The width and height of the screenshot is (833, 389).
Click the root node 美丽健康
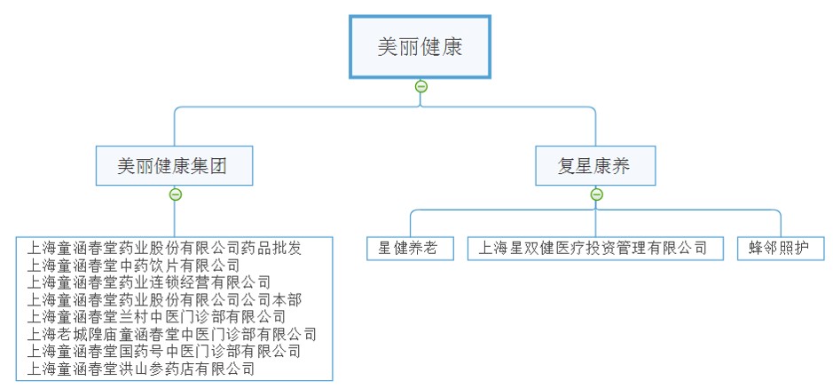click(x=420, y=47)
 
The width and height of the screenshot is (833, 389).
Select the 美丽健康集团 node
click(x=175, y=166)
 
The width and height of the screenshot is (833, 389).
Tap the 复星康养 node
click(x=595, y=166)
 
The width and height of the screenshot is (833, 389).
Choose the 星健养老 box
click(x=408, y=248)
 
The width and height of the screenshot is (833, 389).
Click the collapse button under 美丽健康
click(x=421, y=86)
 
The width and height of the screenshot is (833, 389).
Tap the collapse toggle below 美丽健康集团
click(x=176, y=194)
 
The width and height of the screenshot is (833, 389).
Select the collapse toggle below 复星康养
click(x=596, y=194)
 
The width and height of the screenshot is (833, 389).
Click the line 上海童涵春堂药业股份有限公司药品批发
click(x=164, y=249)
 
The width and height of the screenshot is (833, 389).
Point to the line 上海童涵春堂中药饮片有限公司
click(x=133, y=266)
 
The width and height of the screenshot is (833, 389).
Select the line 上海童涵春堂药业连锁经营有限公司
click(x=149, y=282)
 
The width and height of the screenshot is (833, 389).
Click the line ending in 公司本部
click(x=164, y=299)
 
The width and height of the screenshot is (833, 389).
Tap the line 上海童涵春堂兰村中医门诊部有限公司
click(x=157, y=316)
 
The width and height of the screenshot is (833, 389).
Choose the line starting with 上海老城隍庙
click(x=172, y=334)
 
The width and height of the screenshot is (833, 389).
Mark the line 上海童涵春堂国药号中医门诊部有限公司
click(x=164, y=351)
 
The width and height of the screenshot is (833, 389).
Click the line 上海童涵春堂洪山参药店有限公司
click(x=141, y=368)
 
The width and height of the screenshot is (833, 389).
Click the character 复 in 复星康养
click(x=567, y=166)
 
